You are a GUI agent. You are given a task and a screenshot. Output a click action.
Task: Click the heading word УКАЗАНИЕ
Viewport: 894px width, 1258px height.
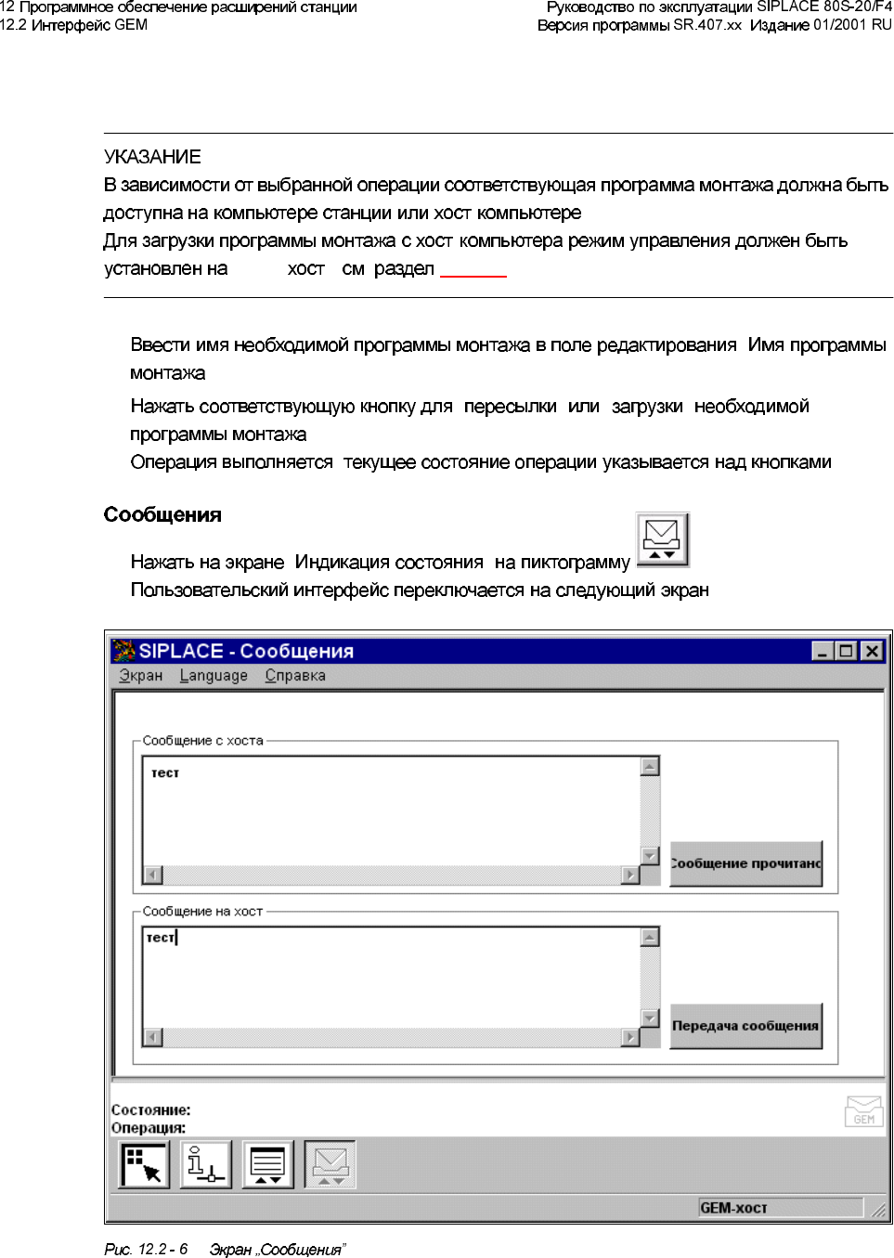[x=152, y=157]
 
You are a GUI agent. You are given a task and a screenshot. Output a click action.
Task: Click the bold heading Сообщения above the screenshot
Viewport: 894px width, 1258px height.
[x=162, y=515]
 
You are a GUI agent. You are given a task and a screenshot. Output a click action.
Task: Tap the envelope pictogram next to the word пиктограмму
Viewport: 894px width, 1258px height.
[x=662, y=539]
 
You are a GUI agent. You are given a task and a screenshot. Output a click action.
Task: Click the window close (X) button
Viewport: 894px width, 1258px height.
[x=872, y=651]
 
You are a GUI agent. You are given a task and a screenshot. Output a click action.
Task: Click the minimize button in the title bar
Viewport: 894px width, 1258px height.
[x=822, y=651]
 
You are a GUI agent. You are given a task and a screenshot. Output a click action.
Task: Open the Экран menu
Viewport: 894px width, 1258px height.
[x=141, y=676]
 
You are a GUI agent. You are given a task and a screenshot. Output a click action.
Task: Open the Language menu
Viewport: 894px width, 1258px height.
[x=214, y=676]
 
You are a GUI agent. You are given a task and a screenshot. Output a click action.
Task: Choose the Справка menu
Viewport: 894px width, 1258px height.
[x=295, y=676]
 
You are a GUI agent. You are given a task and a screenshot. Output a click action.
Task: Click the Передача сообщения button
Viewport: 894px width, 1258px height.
[x=745, y=1026]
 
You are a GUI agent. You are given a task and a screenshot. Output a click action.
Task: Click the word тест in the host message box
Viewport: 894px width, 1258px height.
[x=165, y=773]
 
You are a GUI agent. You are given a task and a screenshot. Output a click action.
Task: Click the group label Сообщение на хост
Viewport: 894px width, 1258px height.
[x=202, y=912]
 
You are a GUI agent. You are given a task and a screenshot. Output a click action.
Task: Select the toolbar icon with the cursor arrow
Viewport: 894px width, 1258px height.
[x=144, y=1165]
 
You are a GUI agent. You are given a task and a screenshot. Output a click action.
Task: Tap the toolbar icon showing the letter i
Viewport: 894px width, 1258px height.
[x=205, y=1165]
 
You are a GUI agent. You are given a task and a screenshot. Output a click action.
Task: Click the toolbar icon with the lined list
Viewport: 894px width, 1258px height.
[x=267, y=1165]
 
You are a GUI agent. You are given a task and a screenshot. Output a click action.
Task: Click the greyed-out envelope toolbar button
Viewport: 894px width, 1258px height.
[x=330, y=1165]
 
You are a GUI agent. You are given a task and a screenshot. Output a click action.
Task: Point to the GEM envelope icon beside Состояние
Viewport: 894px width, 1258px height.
[x=863, y=1111]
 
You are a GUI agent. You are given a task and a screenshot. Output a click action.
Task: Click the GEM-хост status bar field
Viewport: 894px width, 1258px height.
[x=780, y=1208]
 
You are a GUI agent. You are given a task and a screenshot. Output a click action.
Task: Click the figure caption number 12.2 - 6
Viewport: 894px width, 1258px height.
[x=162, y=1250]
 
